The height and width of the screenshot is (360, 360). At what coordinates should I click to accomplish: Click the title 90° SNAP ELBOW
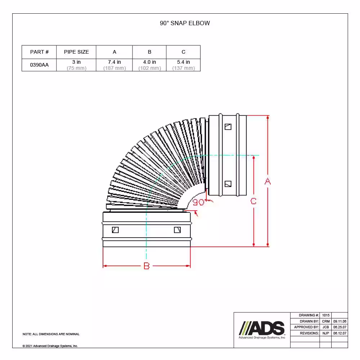tap(185, 23)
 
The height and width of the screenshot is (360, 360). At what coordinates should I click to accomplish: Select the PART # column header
tap(39, 52)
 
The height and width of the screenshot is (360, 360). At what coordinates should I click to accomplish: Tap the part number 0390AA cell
tap(39, 65)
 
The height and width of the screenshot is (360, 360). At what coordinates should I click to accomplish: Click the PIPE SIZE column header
tap(76, 52)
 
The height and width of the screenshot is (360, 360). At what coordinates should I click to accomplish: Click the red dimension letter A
tap(267, 182)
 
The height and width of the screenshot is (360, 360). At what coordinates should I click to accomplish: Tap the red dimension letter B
tap(147, 266)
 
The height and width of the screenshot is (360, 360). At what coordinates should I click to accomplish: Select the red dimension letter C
tap(253, 201)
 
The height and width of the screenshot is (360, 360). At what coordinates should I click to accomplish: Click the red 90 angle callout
tap(198, 202)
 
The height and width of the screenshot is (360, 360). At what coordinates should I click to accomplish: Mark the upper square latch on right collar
tap(228, 127)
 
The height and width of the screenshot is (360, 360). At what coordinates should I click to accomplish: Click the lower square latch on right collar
tap(228, 184)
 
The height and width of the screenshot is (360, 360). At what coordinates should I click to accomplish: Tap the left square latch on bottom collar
tap(115, 230)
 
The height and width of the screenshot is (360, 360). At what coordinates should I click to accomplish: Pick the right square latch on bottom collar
tap(177, 230)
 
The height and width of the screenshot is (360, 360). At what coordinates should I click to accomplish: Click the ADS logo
tap(262, 328)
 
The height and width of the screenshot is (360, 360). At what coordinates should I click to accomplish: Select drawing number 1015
tap(326, 315)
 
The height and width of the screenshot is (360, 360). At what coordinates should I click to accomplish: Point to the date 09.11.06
tap(340, 321)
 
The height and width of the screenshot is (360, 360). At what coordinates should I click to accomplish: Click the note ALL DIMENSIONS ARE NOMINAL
tap(51, 334)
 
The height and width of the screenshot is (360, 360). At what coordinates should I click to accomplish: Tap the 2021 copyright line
tap(50, 346)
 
